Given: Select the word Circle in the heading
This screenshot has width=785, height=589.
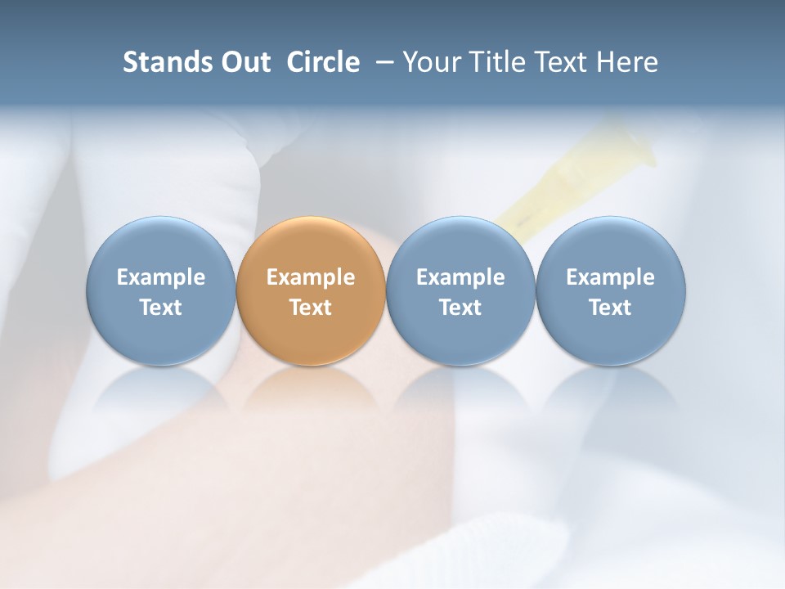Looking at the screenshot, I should [323, 62].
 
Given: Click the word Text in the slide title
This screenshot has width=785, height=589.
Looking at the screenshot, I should [563, 62].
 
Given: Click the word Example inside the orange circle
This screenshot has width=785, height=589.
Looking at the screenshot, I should [311, 277].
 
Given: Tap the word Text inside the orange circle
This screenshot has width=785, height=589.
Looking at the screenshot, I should [311, 308].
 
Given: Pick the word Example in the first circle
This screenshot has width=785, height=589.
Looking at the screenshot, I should [161, 277].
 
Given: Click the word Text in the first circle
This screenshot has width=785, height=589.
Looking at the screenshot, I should [161, 308].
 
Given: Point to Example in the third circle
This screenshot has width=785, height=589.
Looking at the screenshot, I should [460, 277].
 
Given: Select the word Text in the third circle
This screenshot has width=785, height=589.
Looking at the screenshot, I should [460, 308].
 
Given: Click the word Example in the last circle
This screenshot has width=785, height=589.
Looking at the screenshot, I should [610, 277].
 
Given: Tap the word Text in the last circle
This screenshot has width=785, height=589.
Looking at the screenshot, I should [610, 308].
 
